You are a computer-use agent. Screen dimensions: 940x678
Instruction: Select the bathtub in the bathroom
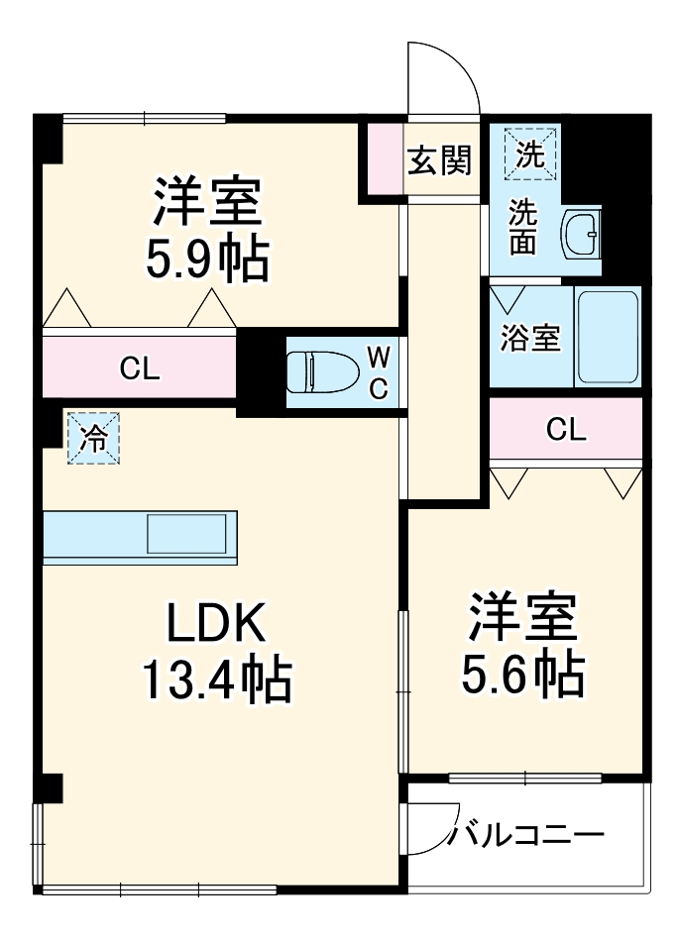point(608,337)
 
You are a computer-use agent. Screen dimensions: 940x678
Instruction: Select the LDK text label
point(215,624)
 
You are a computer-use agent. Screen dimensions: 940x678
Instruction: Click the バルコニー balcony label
point(525,835)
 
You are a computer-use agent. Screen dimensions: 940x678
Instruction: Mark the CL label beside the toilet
point(139,370)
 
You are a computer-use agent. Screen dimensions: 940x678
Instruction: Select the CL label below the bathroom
point(566,429)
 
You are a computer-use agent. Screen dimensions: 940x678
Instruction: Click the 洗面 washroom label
point(523,228)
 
